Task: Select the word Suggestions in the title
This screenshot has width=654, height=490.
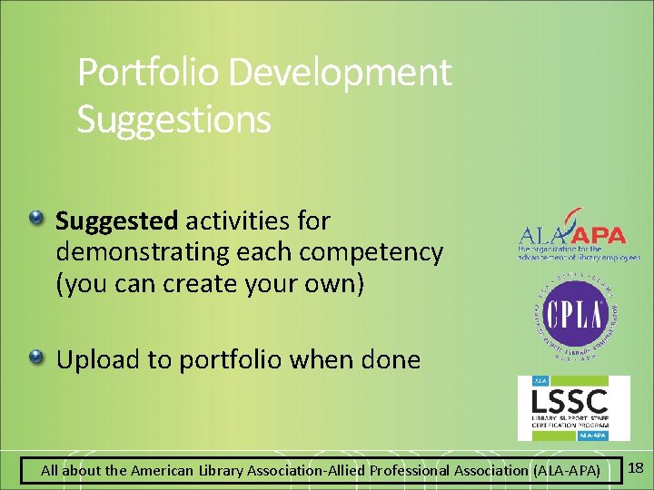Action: [173, 120]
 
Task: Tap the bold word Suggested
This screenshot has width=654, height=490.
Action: [116, 221]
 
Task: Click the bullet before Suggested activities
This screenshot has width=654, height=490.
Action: [35, 219]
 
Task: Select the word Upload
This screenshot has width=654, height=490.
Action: [99, 360]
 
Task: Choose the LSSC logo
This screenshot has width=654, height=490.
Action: [573, 407]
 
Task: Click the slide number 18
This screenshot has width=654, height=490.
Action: [636, 468]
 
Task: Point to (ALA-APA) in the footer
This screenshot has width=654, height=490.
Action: [566, 471]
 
